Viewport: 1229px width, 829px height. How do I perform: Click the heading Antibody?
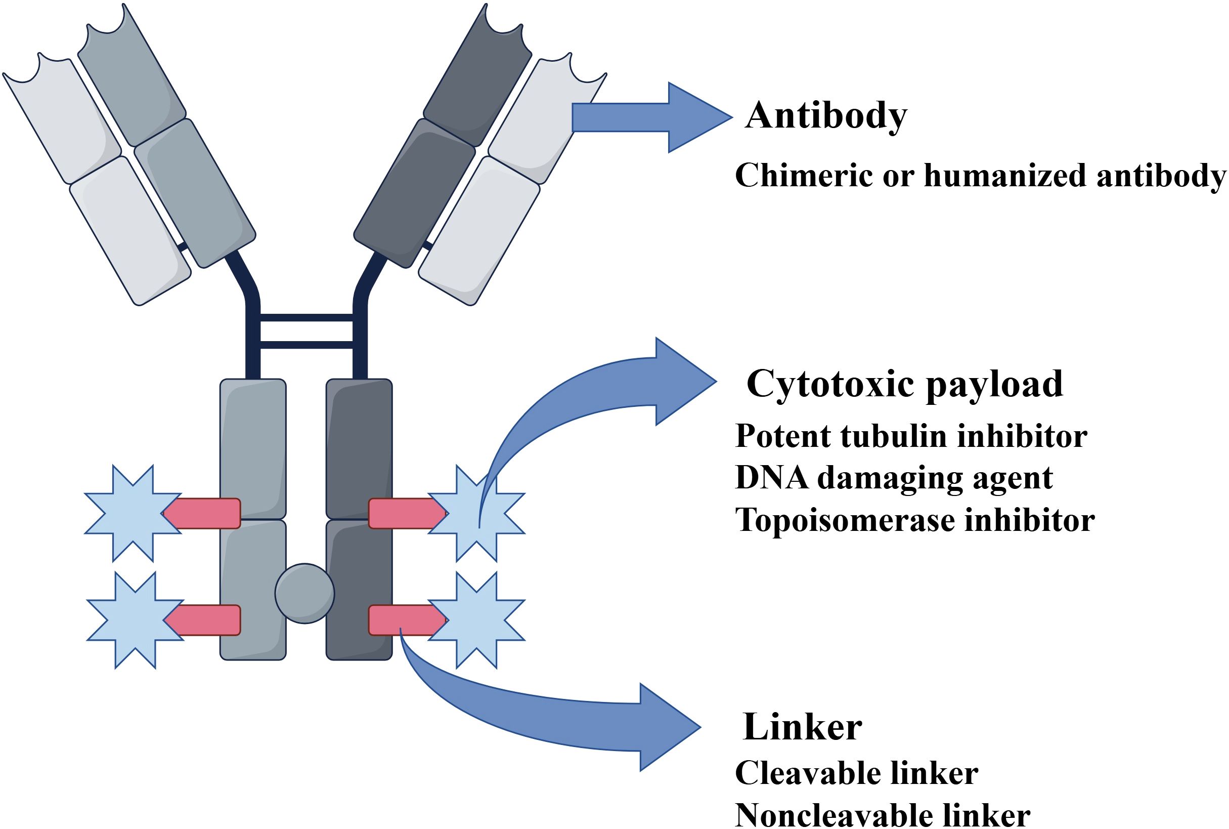pos(826,116)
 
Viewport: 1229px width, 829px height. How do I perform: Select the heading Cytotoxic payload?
pos(905,383)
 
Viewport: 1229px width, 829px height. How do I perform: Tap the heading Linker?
pos(803,727)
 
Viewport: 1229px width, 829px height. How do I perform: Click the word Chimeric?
pos(804,176)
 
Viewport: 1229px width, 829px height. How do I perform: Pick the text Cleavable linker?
pos(856,773)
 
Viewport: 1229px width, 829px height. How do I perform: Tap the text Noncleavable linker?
pos(883,815)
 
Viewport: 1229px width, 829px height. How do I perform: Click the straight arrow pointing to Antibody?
pos(650,117)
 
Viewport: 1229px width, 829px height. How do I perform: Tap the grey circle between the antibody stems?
pos(304,593)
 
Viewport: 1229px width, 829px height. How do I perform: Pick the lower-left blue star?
pos(135,619)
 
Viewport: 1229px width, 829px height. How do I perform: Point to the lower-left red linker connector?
pos(203,619)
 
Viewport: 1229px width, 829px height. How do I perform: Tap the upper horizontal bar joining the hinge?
pos(306,318)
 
